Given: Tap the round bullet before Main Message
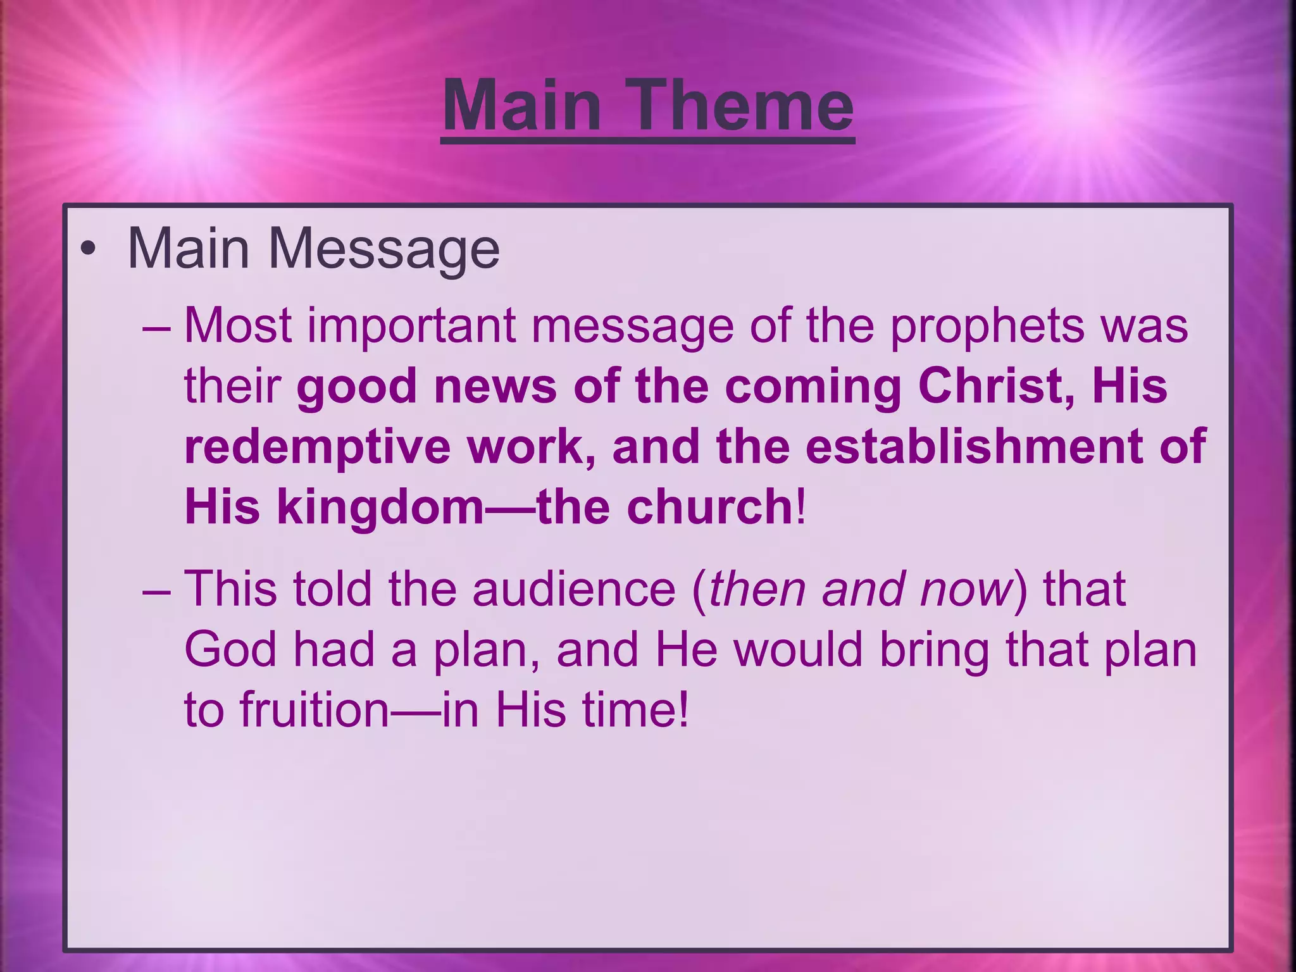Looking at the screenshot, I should click(x=89, y=249).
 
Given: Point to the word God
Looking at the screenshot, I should click(x=231, y=651).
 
